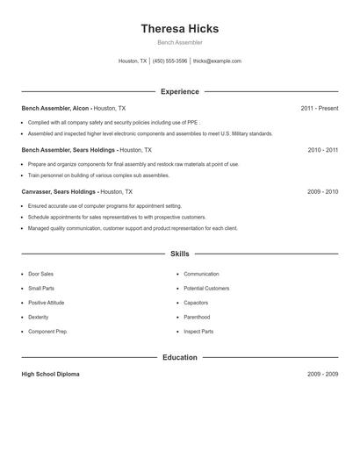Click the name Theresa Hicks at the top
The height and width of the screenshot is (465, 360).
click(x=179, y=29)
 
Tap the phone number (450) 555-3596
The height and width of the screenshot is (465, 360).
click(x=169, y=61)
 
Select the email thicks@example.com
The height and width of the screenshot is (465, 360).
click(x=217, y=61)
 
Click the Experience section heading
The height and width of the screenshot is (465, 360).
click(x=180, y=91)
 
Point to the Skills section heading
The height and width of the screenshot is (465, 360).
click(x=180, y=254)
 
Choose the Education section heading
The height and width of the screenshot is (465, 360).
click(x=180, y=358)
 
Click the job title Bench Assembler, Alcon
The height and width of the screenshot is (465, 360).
click(x=56, y=109)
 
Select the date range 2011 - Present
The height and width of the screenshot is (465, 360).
click(x=319, y=109)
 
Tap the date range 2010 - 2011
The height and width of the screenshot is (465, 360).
click(x=322, y=150)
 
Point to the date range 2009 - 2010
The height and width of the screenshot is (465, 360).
click(x=322, y=191)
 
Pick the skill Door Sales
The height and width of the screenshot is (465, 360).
click(x=40, y=274)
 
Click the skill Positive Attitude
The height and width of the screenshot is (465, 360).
click(x=46, y=303)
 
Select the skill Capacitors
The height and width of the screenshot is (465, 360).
click(x=196, y=303)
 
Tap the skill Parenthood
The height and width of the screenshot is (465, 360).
click(x=197, y=317)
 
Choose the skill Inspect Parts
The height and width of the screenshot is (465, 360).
click(x=198, y=332)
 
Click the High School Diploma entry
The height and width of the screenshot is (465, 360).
click(x=50, y=375)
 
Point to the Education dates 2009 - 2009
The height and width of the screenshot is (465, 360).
click(x=322, y=375)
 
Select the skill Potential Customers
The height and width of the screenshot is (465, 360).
click(x=206, y=288)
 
